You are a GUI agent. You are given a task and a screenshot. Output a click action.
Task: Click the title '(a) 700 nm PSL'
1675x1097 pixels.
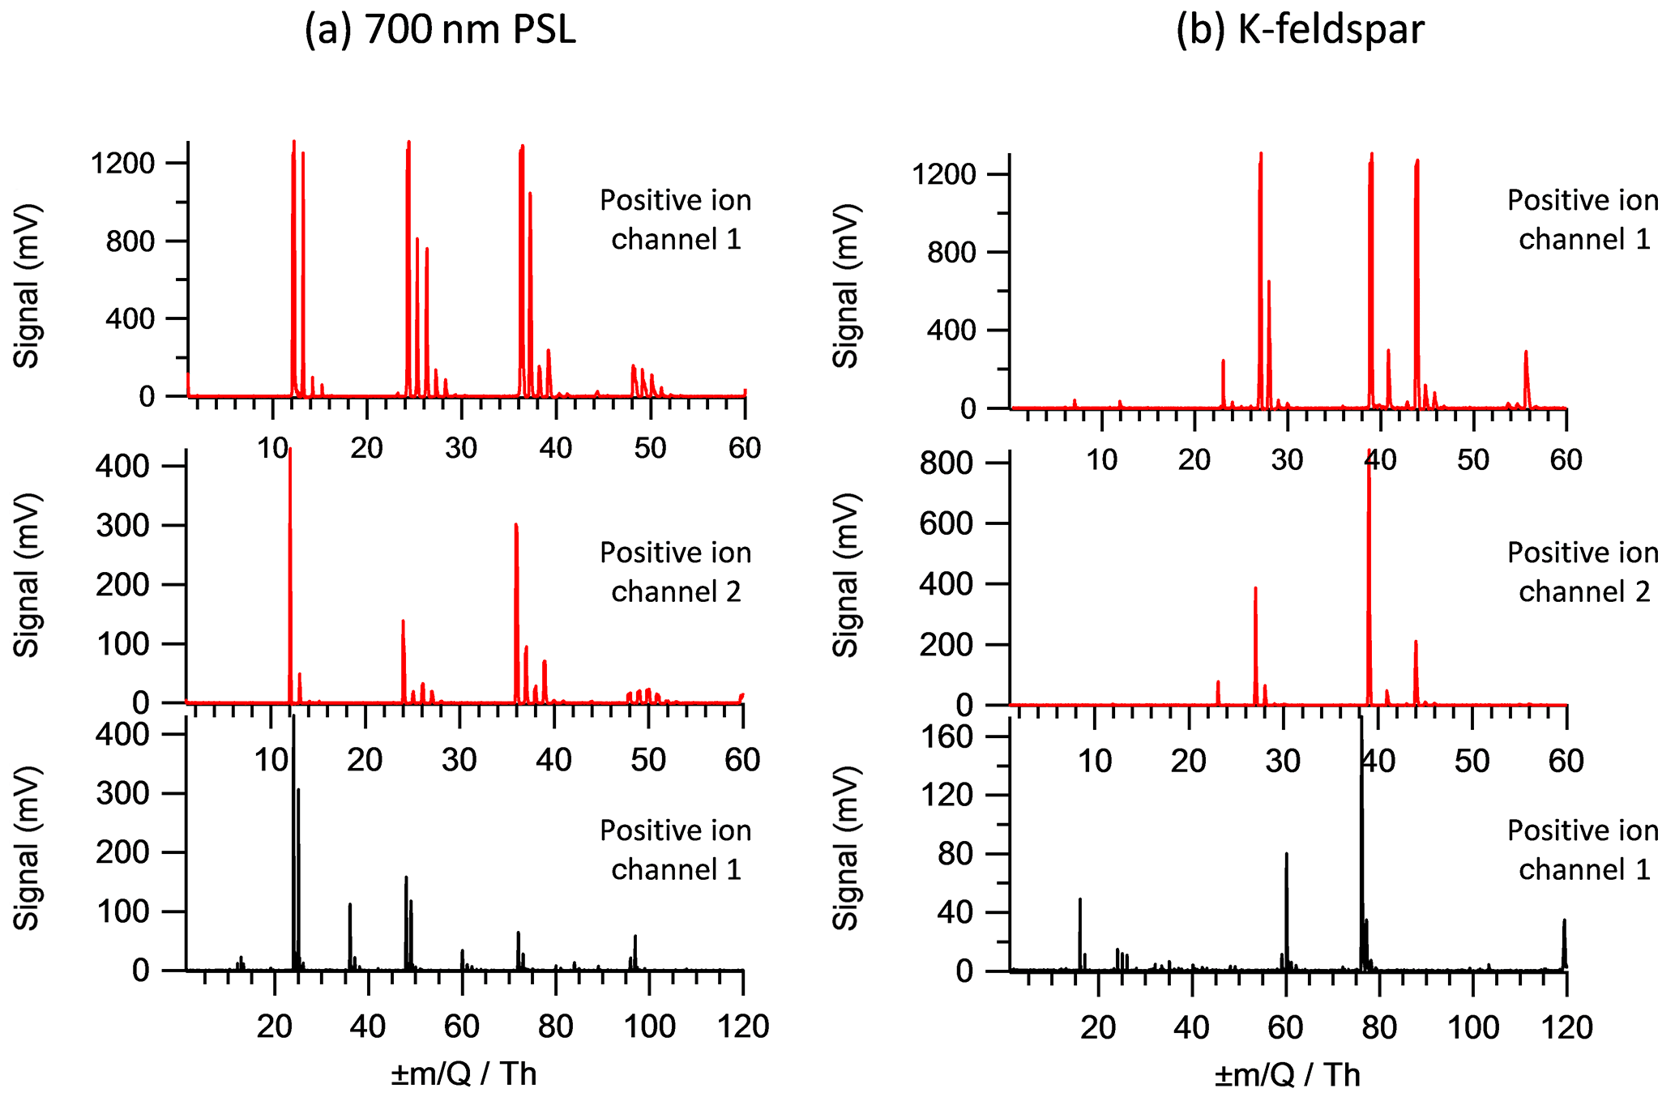click(x=440, y=30)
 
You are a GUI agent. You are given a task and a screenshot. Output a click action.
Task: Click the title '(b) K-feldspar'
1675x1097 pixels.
click(x=1299, y=30)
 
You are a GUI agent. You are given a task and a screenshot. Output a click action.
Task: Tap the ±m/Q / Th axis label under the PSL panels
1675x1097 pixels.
click(x=464, y=1074)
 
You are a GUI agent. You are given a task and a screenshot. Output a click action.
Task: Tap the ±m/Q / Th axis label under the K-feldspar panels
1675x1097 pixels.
click(x=1287, y=1074)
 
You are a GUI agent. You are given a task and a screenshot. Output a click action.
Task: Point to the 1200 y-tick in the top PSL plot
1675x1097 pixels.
click(x=122, y=163)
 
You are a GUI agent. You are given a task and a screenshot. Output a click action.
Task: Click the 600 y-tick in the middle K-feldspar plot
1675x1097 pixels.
click(x=945, y=523)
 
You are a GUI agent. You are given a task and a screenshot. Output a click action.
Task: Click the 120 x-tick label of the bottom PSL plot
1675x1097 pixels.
click(x=743, y=1027)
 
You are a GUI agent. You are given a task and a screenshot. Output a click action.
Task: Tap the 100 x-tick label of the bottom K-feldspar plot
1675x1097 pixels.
click(x=1472, y=1027)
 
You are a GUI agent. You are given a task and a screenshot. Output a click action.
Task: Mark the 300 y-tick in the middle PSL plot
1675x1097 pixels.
click(x=122, y=526)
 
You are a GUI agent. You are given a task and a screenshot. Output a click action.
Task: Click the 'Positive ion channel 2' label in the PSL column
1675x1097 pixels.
click(x=676, y=572)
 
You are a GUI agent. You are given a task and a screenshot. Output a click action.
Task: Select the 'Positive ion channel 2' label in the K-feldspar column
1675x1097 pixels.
click(x=1583, y=572)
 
